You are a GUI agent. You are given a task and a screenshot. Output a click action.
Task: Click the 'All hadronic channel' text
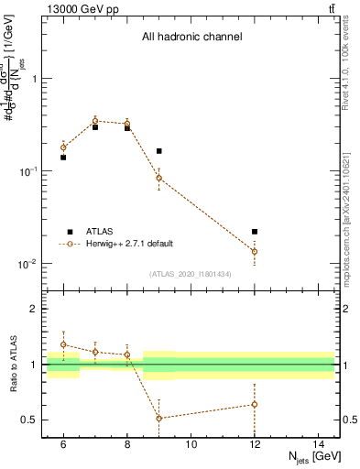[x=191, y=38]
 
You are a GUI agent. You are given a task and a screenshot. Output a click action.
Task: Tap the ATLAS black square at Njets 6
[x=63, y=158]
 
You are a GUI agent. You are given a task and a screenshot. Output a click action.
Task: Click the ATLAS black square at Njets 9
[x=159, y=151]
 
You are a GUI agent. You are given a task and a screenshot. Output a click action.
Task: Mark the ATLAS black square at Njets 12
[x=255, y=232]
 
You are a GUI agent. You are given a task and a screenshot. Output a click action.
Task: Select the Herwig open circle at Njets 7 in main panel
[x=95, y=120]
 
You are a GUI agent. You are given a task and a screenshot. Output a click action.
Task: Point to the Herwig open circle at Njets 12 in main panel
[x=255, y=251]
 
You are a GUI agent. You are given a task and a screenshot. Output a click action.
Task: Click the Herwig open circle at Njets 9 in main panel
[x=159, y=178]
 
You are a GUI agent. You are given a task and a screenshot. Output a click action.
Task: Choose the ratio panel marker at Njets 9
[x=159, y=419]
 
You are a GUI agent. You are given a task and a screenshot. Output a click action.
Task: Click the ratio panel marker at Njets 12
[x=255, y=404]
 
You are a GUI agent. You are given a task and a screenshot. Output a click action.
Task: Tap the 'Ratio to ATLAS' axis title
[x=11, y=365]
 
